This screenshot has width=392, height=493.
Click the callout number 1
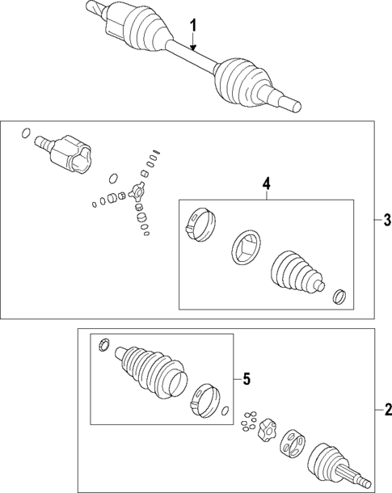194,26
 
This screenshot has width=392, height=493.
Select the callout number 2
388,410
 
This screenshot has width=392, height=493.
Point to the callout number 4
266,184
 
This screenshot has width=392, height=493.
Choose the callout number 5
247,379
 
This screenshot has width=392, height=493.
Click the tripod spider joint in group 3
136,192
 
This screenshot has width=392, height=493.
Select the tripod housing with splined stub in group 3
63,154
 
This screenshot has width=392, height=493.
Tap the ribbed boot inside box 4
297,272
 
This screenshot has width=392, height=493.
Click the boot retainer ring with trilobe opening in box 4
247,247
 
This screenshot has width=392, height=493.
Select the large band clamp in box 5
205,401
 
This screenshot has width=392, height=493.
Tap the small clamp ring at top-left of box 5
103,344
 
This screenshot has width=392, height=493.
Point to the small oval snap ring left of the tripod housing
26,133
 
